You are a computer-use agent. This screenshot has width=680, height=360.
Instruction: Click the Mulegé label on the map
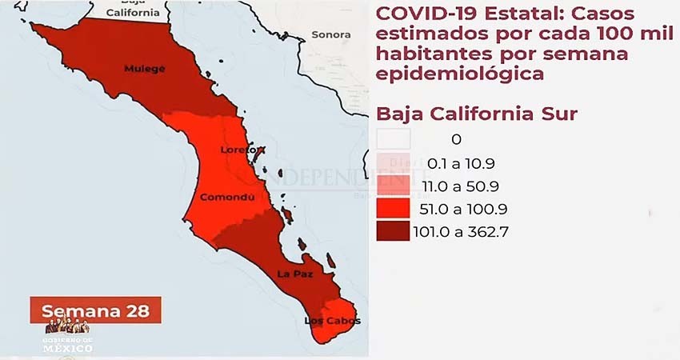[145, 69]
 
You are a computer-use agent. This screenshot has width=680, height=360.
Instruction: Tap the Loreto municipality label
[242, 150]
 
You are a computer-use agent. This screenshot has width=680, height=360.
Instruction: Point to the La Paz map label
[295, 274]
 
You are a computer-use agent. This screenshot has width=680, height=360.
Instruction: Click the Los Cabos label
[332, 322]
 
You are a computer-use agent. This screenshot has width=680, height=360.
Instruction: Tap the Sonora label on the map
[331, 34]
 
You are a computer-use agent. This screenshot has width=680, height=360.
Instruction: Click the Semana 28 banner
[95, 310]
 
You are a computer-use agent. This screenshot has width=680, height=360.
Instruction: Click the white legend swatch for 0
[394, 139]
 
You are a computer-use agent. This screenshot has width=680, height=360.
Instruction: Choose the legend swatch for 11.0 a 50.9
[394, 186]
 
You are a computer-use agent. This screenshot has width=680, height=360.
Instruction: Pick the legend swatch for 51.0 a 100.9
[394, 210]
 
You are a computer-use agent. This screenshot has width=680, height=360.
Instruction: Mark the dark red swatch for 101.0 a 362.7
[394, 233]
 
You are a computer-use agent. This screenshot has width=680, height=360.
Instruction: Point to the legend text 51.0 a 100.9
[468, 210]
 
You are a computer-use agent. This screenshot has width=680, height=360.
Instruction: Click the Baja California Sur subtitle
[476, 114]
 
